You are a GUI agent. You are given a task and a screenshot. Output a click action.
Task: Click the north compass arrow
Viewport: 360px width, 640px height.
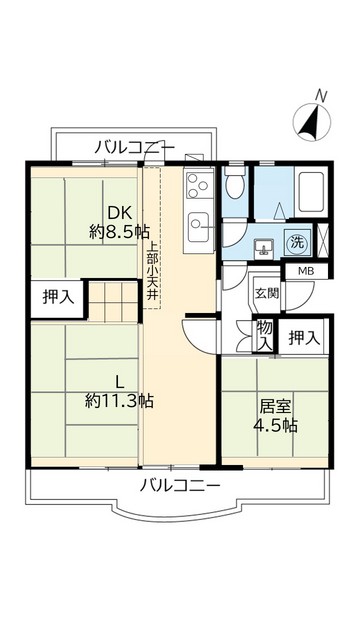click(312, 123)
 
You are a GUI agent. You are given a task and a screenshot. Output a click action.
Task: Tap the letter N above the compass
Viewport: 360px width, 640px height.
click(322, 96)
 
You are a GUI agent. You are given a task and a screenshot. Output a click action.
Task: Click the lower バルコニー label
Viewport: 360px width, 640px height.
click(180, 487)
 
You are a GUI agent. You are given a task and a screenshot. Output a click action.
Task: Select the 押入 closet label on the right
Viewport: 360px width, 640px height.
click(305, 339)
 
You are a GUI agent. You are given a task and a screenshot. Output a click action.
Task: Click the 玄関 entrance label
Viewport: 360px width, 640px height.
click(266, 293)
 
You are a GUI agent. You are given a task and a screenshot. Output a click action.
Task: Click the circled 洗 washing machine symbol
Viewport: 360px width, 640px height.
click(298, 242)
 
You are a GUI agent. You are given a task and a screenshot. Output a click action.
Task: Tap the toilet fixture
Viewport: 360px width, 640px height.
click(234, 184)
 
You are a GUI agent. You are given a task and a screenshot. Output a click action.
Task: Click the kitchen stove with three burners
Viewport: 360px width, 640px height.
click(196, 184)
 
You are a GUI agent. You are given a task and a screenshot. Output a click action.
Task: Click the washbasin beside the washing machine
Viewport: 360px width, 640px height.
click(264, 245)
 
